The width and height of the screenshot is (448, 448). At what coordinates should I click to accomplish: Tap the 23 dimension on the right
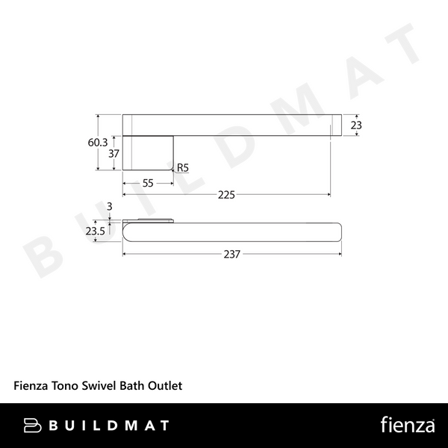(356, 125)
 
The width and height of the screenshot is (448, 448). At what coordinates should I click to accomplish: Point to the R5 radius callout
(183, 169)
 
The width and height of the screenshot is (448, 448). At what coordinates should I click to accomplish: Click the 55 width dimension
(148, 183)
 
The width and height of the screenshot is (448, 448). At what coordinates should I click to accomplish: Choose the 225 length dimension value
(226, 195)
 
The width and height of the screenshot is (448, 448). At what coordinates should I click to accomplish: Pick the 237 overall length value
(231, 254)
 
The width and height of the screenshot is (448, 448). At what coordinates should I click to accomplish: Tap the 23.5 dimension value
(95, 231)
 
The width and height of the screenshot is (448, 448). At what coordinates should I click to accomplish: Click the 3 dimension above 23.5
(110, 206)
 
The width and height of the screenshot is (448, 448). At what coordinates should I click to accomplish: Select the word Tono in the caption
(64, 387)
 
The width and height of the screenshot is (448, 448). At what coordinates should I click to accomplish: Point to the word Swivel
(99, 387)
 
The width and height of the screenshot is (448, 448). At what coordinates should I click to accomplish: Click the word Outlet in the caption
(165, 387)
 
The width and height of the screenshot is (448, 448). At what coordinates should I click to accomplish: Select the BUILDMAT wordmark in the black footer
(110, 426)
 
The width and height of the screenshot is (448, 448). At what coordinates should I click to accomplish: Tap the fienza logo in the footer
(408, 426)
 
